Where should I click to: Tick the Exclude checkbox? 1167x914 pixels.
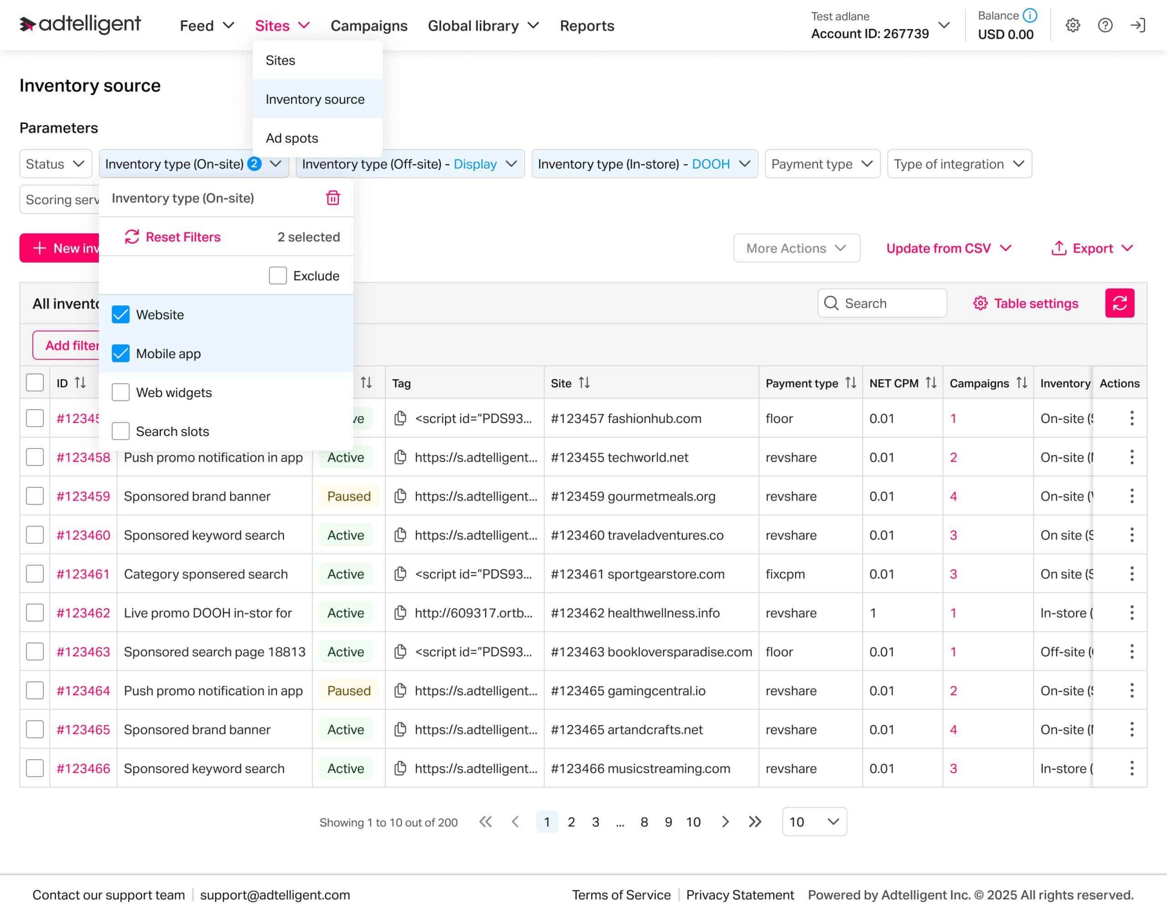pyautogui.click(x=278, y=276)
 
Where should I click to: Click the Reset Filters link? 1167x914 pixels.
pyautogui.click(x=172, y=237)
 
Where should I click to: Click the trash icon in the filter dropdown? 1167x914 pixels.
pyautogui.click(x=333, y=198)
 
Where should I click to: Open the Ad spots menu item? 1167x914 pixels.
pyautogui.click(x=292, y=138)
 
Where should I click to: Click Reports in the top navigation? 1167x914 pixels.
pyautogui.click(x=586, y=26)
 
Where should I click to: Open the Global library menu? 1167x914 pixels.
pyautogui.click(x=483, y=26)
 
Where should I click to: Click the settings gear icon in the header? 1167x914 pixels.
pyautogui.click(x=1072, y=25)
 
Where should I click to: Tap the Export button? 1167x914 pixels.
pyautogui.click(x=1091, y=248)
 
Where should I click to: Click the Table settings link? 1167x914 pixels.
pyautogui.click(x=1025, y=304)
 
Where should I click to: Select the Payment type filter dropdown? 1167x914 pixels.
pyautogui.click(x=822, y=164)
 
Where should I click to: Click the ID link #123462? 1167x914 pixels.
pyautogui.click(x=83, y=613)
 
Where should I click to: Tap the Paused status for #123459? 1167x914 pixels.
pyautogui.click(x=348, y=496)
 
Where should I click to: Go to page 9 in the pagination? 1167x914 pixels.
pyautogui.click(x=668, y=822)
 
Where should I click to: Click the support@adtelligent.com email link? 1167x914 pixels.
pyautogui.click(x=275, y=895)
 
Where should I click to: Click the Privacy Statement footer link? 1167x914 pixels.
pyautogui.click(x=739, y=895)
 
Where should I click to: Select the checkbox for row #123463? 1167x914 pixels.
pyautogui.click(x=35, y=652)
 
